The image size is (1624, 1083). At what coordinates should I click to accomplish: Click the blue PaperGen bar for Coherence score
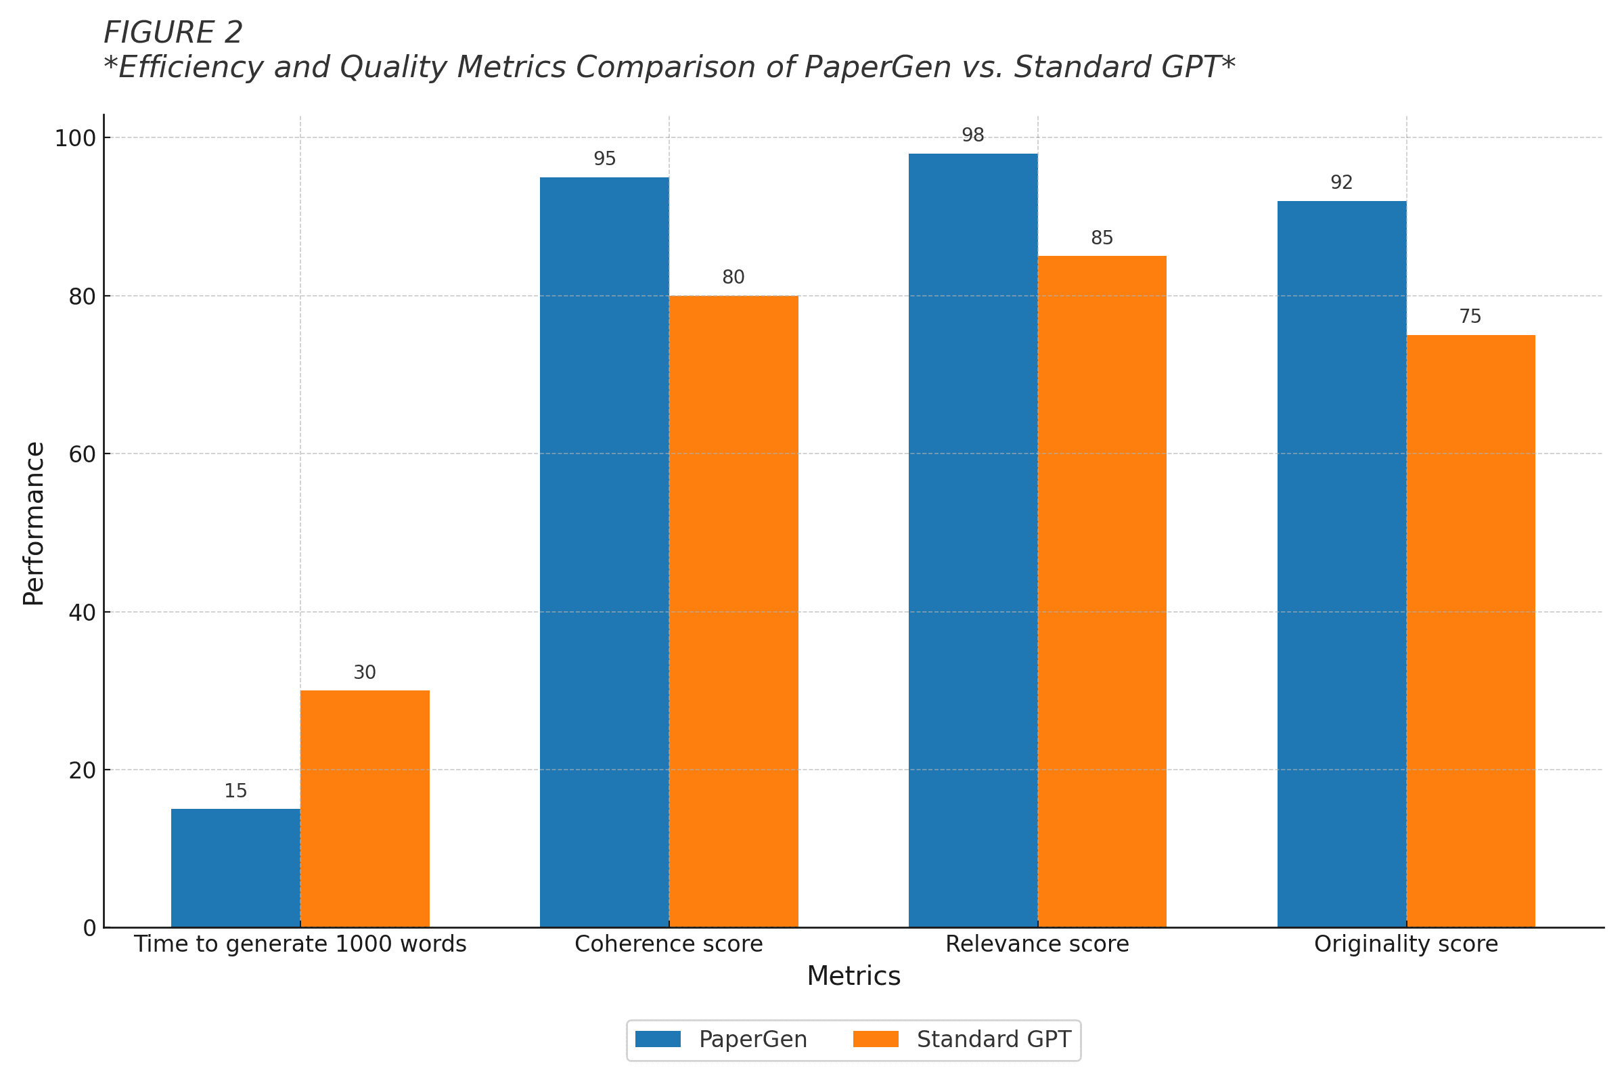[x=604, y=552]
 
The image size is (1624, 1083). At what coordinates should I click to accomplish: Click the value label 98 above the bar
[x=973, y=135]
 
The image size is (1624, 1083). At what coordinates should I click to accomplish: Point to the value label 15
[x=235, y=791]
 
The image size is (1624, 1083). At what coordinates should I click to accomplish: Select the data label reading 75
[x=1470, y=316]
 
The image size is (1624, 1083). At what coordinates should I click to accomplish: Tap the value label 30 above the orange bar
[x=365, y=673]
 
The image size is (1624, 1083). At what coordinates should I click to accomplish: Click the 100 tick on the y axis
[x=75, y=139]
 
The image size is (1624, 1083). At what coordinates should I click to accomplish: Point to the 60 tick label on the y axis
[x=82, y=454]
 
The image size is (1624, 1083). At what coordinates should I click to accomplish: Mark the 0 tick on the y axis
[x=90, y=929]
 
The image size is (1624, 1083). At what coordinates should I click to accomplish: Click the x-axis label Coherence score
[x=669, y=944]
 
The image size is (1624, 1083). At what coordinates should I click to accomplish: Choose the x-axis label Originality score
[x=1406, y=944]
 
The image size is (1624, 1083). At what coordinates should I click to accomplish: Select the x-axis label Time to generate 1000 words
[x=300, y=944]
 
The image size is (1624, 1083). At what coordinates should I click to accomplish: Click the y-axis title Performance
[x=33, y=523]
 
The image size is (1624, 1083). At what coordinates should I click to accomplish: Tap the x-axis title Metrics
[x=853, y=977]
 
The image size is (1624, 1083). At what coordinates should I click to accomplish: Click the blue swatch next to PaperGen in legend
[x=658, y=1040]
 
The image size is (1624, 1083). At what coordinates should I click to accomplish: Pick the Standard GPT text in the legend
[x=993, y=1040]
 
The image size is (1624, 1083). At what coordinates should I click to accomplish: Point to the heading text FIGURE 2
[x=173, y=32]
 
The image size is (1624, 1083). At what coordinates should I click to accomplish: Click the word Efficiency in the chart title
[x=191, y=68]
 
